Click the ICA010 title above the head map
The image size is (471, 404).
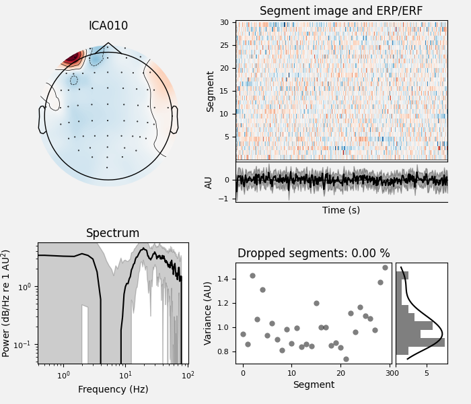pyautogui.click(x=108, y=26)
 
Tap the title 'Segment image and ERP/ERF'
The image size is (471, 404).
pyautogui.click(x=341, y=11)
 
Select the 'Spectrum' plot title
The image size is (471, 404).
pyautogui.click(x=112, y=234)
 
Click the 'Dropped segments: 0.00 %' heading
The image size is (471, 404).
pyautogui.click(x=314, y=254)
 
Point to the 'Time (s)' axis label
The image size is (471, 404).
pyautogui.click(x=341, y=210)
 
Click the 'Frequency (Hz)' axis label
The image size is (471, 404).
pyautogui.click(x=112, y=389)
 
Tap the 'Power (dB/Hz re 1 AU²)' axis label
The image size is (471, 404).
pyautogui.click(x=7, y=303)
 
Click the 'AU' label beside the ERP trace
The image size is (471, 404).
pyautogui.click(x=209, y=182)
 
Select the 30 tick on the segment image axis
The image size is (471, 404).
pyautogui.click(x=227, y=22)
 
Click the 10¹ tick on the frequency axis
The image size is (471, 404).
pyautogui.click(x=125, y=375)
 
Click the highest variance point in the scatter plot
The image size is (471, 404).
pyautogui.click(x=385, y=267)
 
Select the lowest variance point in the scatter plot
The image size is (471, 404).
pyautogui.click(x=346, y=359)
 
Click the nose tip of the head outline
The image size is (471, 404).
pyautogui.click(x=108, y=44)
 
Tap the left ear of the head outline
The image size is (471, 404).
pyautogui.click(x=42, y=120)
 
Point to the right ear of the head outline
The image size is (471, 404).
pyautogui.click(x=174, y=120)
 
